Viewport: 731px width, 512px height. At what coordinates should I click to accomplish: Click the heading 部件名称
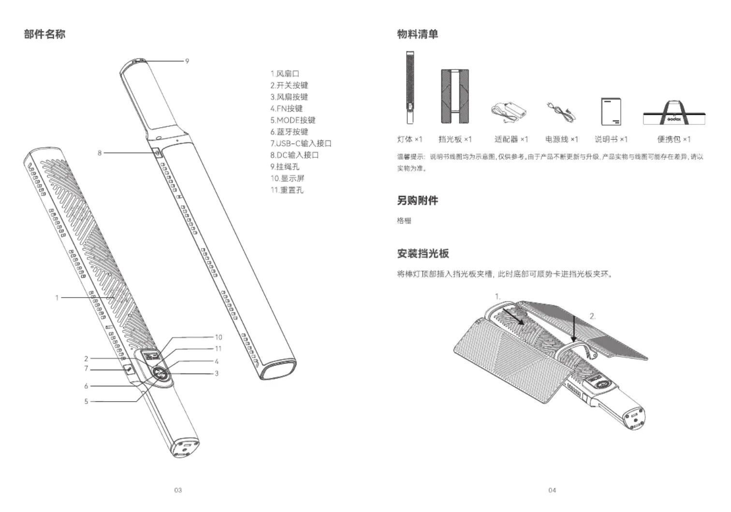point(44,34)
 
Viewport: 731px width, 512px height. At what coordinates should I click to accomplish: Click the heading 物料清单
point(417,34)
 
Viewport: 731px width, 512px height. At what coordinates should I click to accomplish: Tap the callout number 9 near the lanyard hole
point(187,61)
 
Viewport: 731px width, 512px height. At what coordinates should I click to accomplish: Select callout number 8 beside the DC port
point(100,153)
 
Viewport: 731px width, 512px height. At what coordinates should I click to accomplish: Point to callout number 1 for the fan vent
point(57,298)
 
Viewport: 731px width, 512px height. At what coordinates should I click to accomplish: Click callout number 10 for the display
point(219,337)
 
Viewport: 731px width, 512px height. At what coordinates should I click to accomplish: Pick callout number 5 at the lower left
point(86,401)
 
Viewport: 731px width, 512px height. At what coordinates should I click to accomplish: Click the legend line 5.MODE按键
point(293,120)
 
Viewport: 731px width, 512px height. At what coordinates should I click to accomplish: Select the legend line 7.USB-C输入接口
point(301,143)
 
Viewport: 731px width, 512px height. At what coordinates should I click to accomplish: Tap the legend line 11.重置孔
point(287,190)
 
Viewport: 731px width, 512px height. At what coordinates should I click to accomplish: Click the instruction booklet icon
point(611,111)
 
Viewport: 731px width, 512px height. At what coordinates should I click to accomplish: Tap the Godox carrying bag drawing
point(674,114)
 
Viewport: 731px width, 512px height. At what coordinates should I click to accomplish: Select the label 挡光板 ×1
point(455,139)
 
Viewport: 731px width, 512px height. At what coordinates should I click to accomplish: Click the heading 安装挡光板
point(423,253)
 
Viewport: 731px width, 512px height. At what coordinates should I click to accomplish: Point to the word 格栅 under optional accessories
point(404,221)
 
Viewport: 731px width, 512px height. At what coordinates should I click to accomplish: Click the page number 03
point(178,490)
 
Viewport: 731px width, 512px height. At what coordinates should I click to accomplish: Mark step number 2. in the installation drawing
point(593,316)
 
